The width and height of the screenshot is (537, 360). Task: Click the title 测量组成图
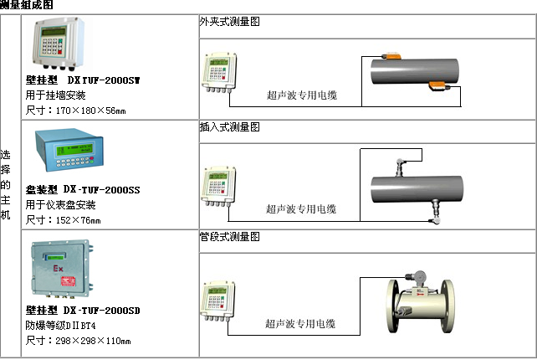28,6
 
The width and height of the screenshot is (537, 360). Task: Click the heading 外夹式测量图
230,22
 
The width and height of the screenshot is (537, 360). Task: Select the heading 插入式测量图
230,127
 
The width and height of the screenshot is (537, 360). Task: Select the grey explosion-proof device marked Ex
60,270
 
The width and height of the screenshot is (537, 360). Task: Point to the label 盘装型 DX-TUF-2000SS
83,190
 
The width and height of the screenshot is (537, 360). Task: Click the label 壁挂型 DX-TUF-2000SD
83,311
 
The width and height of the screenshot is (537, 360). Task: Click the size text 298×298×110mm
79,341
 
